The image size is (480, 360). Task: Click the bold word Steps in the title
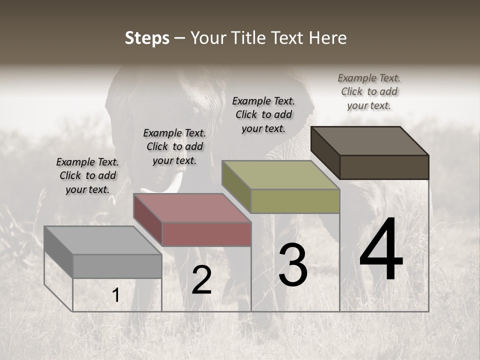pos(147,38)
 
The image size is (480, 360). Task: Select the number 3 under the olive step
pos(293,265)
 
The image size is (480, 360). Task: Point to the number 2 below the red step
pos(202,280)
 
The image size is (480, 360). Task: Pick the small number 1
pos(116,295)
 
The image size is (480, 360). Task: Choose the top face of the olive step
pos(281,175)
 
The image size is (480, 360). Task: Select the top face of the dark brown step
pos(370,140)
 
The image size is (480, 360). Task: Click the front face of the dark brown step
pos(384,167)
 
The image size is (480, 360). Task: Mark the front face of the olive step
pos(295,201)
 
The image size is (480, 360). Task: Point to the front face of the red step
pos(206,234)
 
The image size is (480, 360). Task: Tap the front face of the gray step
pos(117,266)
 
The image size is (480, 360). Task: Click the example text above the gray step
pos(87,175)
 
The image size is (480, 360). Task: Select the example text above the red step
pos(174,146)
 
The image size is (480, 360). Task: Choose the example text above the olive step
pos(263,114)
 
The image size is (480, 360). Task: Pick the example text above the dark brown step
pos(369,91)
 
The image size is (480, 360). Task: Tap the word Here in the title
pos(329,38)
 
